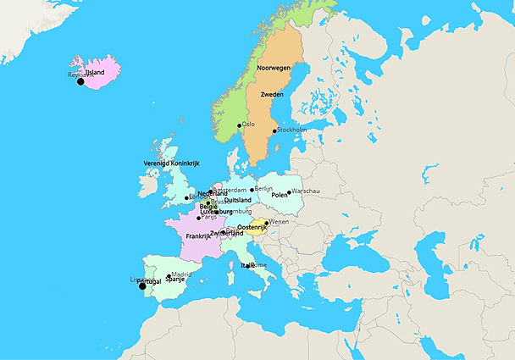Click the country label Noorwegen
(x=274, y=67)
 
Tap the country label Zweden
(x=272, y=94)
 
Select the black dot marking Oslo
(x=240, y=126)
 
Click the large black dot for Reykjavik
(x=80, y=81)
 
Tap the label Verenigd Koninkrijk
(x=171, y=163)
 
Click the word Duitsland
(x=238, y=200)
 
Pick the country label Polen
(x=280, y=195)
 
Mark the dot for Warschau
(x=289, y=191)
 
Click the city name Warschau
(x=306, y=191)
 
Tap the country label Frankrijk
(x=198, y=236)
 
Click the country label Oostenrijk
(x=253, y=228)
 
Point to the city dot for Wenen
(x=267, y=223)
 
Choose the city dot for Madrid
(x=169, y=275)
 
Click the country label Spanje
(x=175, y=280)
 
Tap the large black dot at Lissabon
(x=142, y=286)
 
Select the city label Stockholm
(x=292, y=130)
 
